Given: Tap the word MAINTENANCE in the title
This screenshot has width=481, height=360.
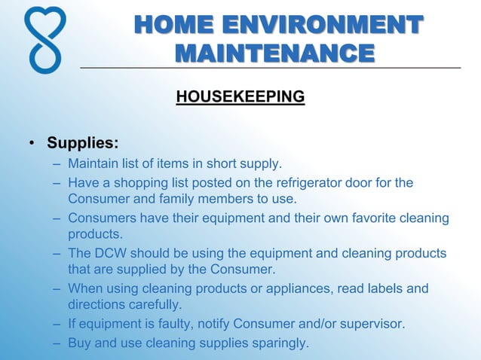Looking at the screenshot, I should pyautogui.click(x=274, y=53).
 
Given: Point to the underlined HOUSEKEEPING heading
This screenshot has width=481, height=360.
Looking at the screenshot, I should pyautogui.click(x=240, y=97).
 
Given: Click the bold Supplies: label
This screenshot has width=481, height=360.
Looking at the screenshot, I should pyautogui.click(x=82, y=142).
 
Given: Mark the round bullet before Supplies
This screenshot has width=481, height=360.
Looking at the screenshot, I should pyautogui.click(x=32, y=143).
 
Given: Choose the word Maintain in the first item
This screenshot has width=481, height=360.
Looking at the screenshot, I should pyautogui.click(x=93, y=163).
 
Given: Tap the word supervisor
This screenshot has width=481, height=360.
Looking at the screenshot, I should pyautogui.click(x=371, y=324).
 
